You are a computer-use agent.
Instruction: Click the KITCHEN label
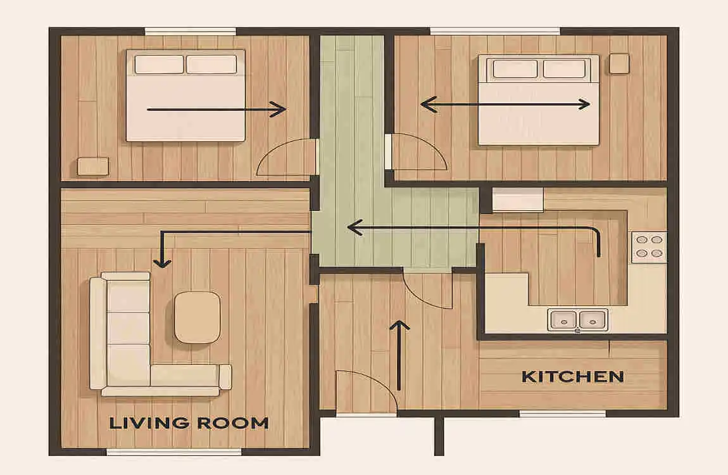(573, 377)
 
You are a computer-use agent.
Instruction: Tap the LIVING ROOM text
(189, 423)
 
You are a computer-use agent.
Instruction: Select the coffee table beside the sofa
(198, 317)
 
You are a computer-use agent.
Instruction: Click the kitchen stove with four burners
(649, 246)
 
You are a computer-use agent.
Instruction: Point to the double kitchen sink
(577, 320)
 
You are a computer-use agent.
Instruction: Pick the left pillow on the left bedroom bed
(160, 65)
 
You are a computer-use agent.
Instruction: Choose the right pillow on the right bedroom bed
(564, 69)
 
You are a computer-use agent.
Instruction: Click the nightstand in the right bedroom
(619, 63)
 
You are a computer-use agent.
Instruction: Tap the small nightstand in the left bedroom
(93, 166)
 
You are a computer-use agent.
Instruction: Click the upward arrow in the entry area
(399, 355)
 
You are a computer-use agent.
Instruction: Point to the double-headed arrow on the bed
(506, 104)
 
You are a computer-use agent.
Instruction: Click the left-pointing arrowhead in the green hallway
(355, 227)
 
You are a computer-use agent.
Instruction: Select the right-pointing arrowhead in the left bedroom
(278, 110)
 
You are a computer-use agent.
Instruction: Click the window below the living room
(174, 452)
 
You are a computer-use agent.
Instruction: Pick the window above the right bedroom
(496, 31)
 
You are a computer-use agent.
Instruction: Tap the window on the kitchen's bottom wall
(563, 413)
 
